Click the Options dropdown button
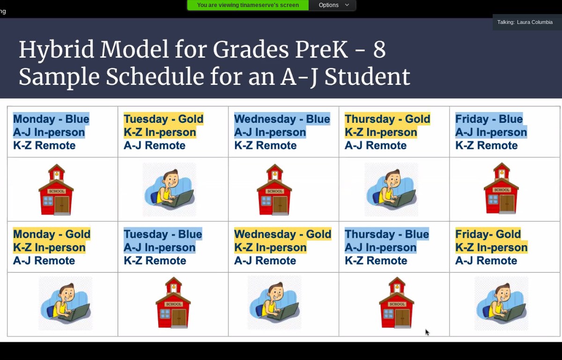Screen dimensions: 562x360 click(x=332, y=5)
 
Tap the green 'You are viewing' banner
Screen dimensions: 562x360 click(x=248, y=5)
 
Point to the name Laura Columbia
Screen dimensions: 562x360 click(x=535, y=22)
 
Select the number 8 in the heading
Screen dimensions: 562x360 click(x=379, y=50)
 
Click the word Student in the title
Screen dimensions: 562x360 click(x=367, y=76)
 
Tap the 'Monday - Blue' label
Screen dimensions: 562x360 click(x=51, y=119)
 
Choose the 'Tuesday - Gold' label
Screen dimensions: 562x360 click(x=163, y=119)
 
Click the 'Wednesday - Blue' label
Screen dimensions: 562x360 click(x=282, y=119)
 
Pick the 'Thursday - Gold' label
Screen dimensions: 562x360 click(x=387, y=119)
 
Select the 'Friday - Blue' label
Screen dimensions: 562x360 click(x=489, y=119)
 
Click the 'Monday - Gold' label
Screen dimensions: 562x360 click(x=52, y=234)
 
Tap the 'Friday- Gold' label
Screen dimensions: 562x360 click(x=488, y=234)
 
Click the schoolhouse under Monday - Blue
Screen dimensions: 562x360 click(x=56, y=189)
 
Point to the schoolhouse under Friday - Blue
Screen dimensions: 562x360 click(x=501, y=188)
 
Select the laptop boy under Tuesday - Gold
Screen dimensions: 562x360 click(x=170, y=189)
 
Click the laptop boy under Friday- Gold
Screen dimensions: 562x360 click(x=501, y=303)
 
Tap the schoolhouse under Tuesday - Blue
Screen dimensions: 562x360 click(x=173, y=302)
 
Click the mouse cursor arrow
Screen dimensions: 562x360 click(x=427, y=332)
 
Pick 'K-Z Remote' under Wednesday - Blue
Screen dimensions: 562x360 click(x=266, y=145)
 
